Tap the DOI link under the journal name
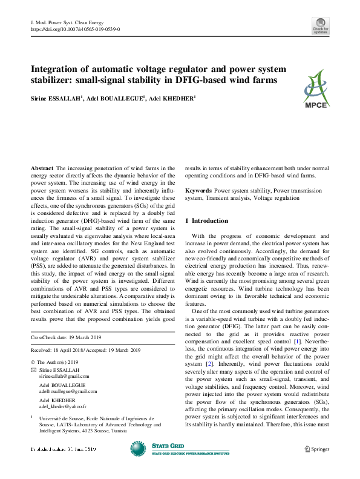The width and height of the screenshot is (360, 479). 74,28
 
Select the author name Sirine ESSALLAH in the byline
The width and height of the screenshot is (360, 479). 57,98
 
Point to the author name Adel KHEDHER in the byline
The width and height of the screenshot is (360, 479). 173,98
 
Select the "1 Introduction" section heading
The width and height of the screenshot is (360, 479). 206,220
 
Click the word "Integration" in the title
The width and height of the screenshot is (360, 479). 56,70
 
